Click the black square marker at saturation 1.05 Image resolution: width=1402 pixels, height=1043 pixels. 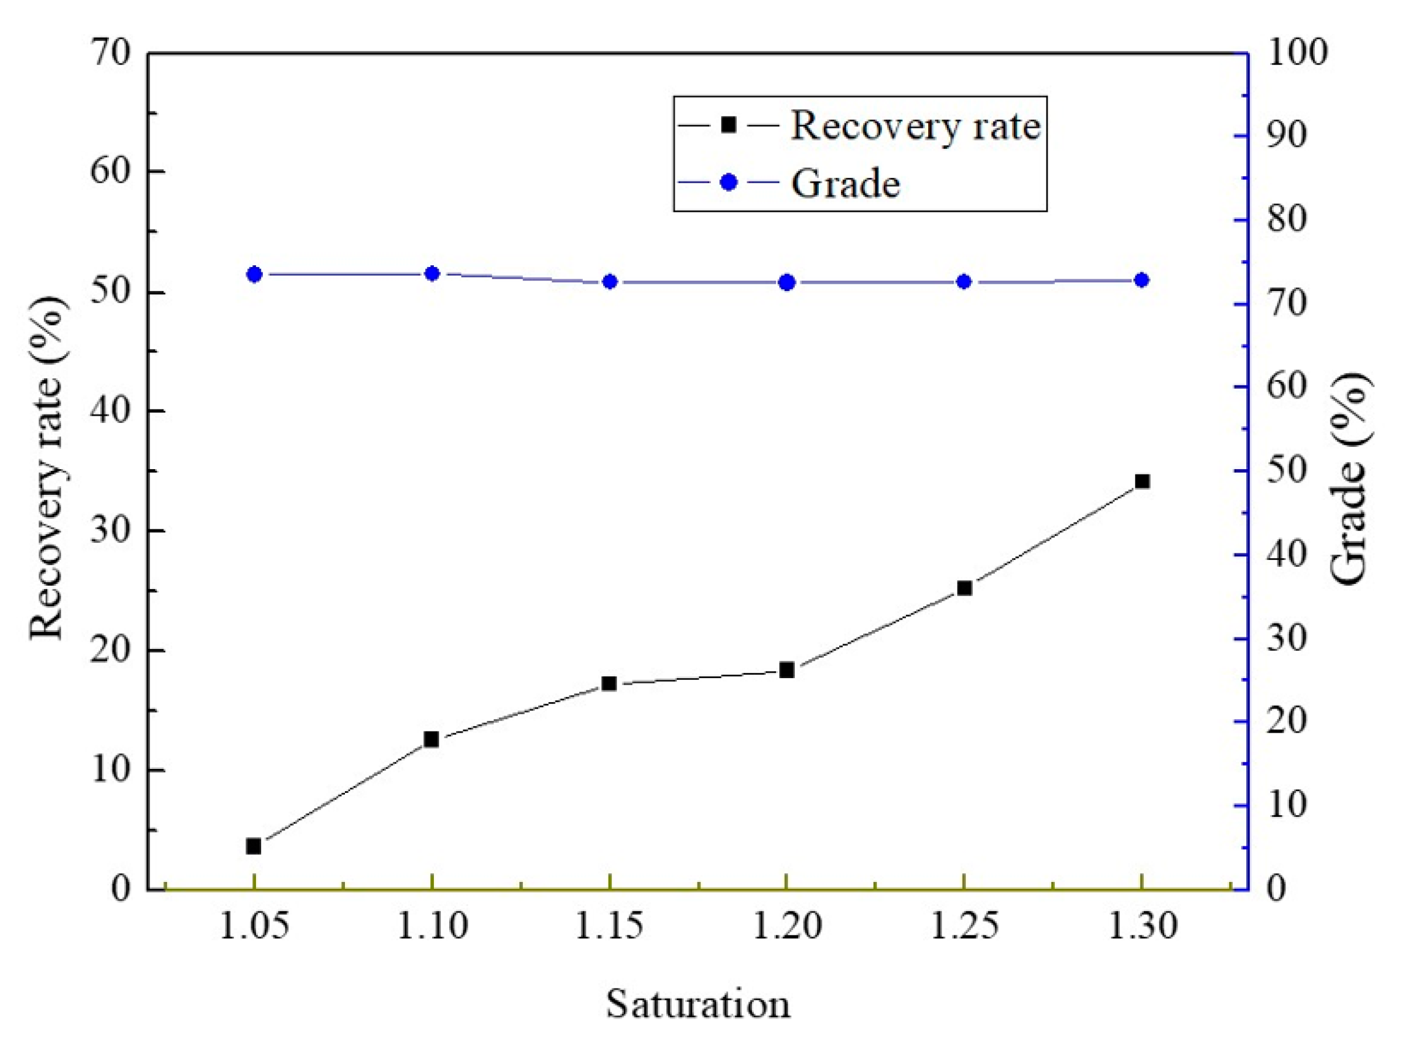[x=254, y=846]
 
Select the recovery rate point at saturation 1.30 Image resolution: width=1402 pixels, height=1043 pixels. [x=1141, y=482]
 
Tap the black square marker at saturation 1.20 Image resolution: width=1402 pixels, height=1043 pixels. [x=787, y=670]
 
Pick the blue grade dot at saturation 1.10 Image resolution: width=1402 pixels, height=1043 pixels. [x=432, y=273]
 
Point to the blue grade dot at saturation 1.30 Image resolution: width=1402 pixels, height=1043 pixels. [x=1141, y=280]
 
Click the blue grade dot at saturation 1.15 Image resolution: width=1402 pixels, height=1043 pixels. [x=609, y=282]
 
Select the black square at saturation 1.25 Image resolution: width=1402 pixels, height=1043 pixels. [x=964, y=588]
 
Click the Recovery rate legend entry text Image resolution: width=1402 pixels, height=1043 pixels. [x=915, y=126]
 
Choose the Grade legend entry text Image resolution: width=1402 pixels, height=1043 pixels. [x=845, y=184]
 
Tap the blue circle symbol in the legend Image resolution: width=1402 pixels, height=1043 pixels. [x=729, y=183]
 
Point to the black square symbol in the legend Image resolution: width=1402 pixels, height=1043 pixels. [x=729, y=124]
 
